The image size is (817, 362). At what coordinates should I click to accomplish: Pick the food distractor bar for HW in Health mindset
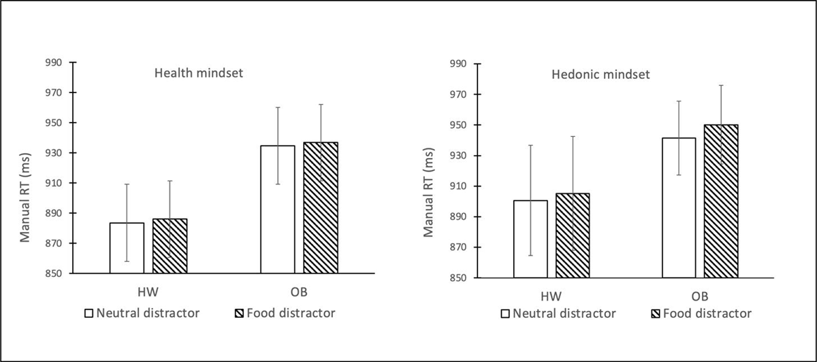point(170,246)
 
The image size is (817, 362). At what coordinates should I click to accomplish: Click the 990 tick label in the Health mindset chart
point(53,63)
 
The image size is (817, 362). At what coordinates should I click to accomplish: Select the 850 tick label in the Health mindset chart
point(53,274)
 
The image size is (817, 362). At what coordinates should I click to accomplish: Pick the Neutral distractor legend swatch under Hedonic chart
point(507,314)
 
